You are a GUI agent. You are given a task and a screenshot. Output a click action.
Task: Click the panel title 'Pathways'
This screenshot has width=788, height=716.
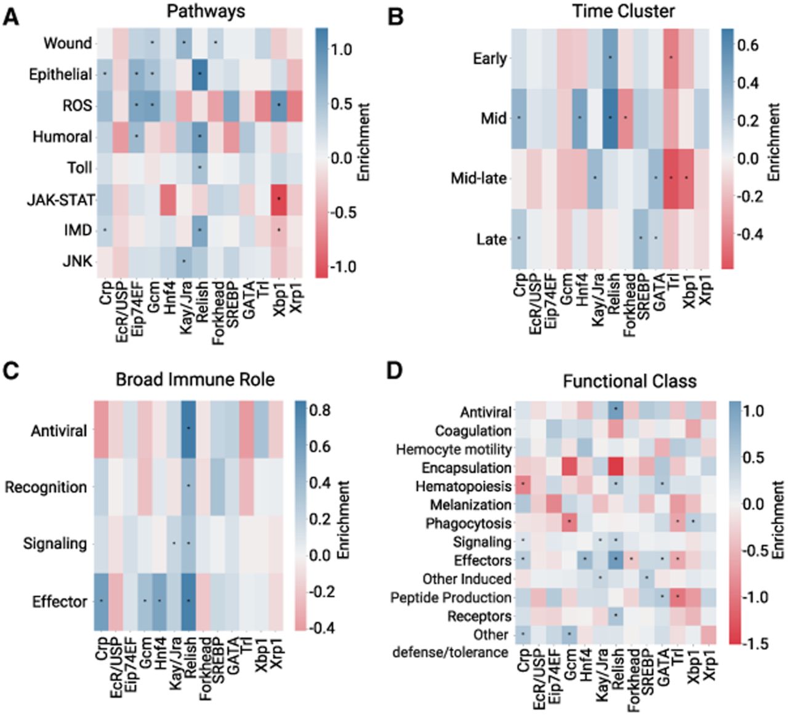pyautogui.click(x=206, y=11)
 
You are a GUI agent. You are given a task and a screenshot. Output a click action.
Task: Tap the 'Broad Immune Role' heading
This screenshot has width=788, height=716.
pyautogui.click(x=195, y=380)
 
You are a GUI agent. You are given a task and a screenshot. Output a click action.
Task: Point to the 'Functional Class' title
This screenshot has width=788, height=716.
pyautogui.click(x=630, y=381)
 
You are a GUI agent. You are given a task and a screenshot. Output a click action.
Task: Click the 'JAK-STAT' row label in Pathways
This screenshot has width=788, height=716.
pyautogui.click(x=61, y=200)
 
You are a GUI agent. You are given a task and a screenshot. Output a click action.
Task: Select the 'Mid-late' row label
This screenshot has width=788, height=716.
pyautogui.click(x=478, y=179)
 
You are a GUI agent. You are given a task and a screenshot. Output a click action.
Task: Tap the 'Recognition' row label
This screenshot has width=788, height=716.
pyautogui.click(x=46, y=488)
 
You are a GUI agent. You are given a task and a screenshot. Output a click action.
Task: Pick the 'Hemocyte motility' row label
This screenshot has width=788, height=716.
pyautogui.click(x=454, y=449)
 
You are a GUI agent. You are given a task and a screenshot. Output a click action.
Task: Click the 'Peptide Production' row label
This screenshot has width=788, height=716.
pyautogui.click(x=451, y=598)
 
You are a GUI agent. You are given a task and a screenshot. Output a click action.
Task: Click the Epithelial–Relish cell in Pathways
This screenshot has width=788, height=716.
pyautogui.click(x=200, y=74)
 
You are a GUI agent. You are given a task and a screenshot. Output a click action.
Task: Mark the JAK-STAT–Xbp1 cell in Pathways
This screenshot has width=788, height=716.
pyautogui.click(x=278, y=199)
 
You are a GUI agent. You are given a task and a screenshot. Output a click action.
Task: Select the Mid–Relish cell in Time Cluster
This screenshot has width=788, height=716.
pyautogui.click(x=610, y=118)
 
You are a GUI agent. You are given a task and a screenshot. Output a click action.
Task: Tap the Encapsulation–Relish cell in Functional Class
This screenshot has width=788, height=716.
pyautogui.click(x=616, y=468)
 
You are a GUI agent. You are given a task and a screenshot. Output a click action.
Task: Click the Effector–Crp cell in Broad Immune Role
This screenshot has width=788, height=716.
pyautogui.click(x=102, y=601)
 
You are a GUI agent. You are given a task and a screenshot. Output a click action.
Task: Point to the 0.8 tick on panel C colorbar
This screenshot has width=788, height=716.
pyautogui.click(x=321, y=410)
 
